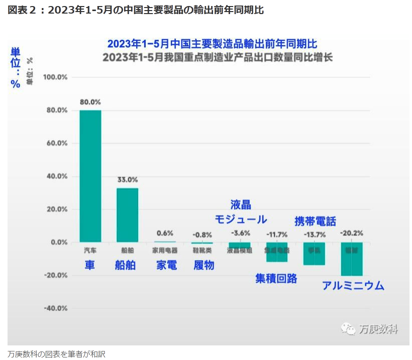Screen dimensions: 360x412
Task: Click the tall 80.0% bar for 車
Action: click(90, 176)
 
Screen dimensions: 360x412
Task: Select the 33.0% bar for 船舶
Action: click(128, 215)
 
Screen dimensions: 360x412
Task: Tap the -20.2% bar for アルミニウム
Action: click(352, 258)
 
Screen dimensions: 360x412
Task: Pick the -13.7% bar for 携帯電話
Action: click(315, 253)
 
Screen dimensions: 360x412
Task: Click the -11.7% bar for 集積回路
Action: click(277, 251)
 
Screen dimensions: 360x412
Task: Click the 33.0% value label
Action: click(128, 179)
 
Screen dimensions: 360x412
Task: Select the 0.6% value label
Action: click(165, 233)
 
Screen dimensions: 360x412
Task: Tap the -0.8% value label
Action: click(202, 234)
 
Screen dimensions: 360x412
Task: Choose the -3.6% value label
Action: click(239, 233)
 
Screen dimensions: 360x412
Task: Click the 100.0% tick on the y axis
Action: click(55, 77)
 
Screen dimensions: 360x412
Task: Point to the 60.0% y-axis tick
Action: click(56, 143)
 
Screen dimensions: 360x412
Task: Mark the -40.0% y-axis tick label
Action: click(55, 308)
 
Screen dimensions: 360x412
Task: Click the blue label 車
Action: click(90, 265)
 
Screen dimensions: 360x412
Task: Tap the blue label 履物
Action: click(203, 265)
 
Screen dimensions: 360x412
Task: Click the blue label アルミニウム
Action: click(353, 286)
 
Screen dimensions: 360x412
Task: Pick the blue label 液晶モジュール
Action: click(241, 212)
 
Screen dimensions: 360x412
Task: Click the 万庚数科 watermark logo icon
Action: click(348, 329)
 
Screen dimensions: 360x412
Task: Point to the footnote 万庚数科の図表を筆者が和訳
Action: click(57, 353)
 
